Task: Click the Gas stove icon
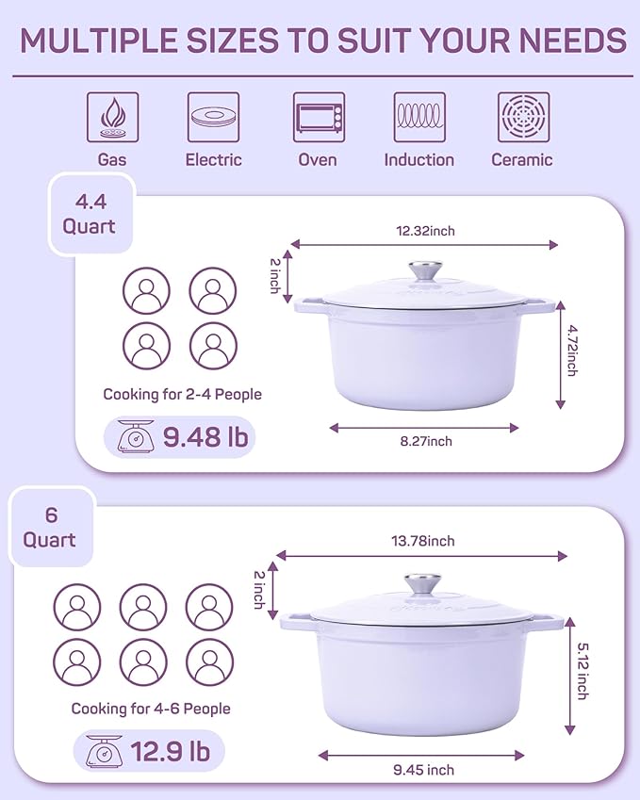tap(112, 117)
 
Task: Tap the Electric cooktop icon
tap(213, 117)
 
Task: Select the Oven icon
tap(318, 117)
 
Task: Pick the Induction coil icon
tap(419, 117)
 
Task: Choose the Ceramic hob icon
tap(523, 117)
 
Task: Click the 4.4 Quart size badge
tap(89, 215)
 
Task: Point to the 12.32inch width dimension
tap(424, 231)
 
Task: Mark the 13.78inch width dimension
tap(424, 541)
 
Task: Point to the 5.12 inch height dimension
tap(582, 671)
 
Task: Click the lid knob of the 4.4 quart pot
tap(424, 272)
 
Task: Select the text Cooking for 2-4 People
tap(182, 395)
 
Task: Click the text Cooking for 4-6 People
tap(151, 709)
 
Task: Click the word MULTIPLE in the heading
tap(100, 40)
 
